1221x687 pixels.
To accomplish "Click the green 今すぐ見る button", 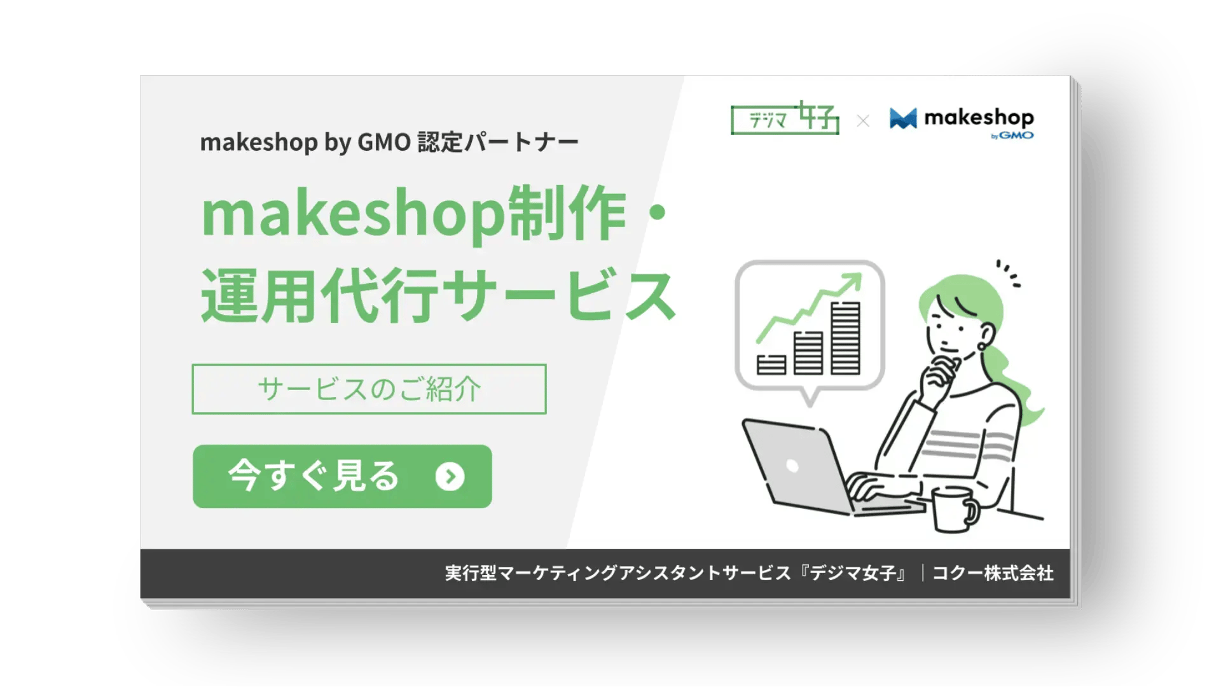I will (342, 476).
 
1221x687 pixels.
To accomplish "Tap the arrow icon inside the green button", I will (450, 476).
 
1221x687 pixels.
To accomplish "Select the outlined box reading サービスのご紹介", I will (369, 389).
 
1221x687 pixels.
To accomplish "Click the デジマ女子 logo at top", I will (785, 118).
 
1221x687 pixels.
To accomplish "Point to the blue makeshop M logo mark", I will (903, 118).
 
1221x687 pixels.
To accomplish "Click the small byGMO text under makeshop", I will (1012, 135).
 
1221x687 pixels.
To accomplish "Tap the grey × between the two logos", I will (863, 121).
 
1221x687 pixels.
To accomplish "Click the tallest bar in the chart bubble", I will (845, 338).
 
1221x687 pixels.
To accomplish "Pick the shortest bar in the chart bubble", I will (771, 364).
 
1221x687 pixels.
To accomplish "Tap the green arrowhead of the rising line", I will (853, 281).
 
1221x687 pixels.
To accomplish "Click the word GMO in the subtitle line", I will (384, 142).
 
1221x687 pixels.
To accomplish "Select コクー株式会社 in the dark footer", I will (993, 573).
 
